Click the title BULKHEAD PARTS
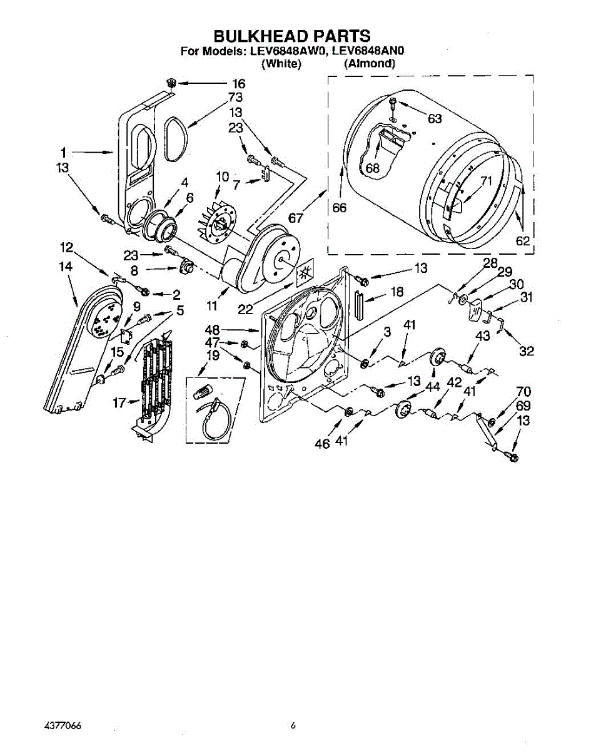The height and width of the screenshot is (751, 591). pyautogui.click(x=292, y=36)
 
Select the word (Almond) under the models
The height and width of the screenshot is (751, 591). pyautogui.click(x=370, y=63)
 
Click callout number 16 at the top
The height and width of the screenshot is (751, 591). pyautogui.click(x=238, y=84)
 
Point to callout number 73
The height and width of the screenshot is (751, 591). pyautogui.click(x=236, y=98)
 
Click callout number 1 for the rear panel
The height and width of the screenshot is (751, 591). pyautogui.click(x=63, y=151)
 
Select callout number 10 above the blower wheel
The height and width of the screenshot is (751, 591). pyautogui.click(x=222, y=177)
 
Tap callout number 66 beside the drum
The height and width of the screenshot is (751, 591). pyautogui.click(x=340, y=208)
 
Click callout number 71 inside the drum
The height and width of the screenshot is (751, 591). pyautogui.click(x=487, y=181)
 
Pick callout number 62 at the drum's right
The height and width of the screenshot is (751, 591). pyautogui.click(x=522, y=240)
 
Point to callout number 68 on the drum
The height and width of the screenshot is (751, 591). pyautogui.click(x=373, y=168)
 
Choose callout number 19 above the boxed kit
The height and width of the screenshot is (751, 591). pyautogui.click(x=213, y=355)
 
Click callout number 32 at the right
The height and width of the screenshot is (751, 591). pyautogui.click(x=527, y=351)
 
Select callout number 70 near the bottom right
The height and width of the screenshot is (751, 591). pyautogui.click(x=523, y=392)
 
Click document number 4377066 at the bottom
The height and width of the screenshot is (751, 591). pyautogui.click(x=63, y=726)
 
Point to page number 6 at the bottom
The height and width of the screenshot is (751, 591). pyautogui.click(x=293, y=726)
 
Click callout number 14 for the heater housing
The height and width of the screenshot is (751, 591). pyautogui.click(x=65, y=266)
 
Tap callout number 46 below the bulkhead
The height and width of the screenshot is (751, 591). pyautogui.click(x=322, y=443)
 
